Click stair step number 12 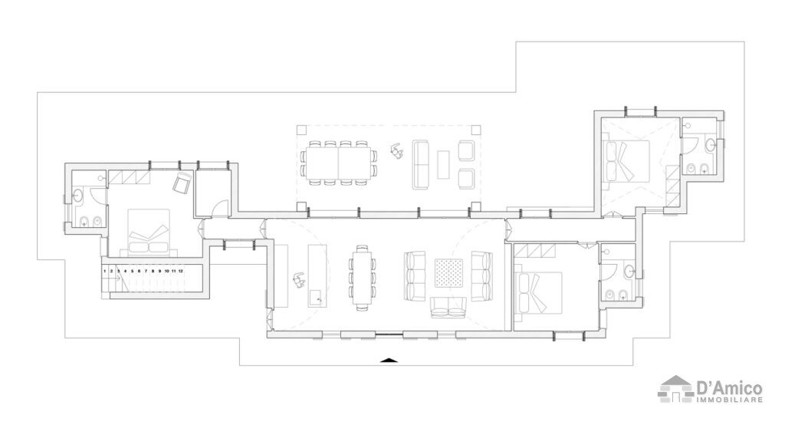click(x=180, y=271)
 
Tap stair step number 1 click(x=105, y=271)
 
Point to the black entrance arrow click(x=390, y=359)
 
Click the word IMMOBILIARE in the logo click(x=729, y=400)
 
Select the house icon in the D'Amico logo click(x=675, y=389)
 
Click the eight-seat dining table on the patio click(x=338, y=162)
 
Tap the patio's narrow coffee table click(x=443, y=163)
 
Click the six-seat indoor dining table click(x=362, y=275)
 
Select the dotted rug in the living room click(x=448, y=273)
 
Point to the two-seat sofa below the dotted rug click(x=448, y=308)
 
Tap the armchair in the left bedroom click(x=182, y=183)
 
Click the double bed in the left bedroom click(x=149, y=231)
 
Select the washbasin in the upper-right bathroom click(x=713, y=143)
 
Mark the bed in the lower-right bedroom click(x=540, y=292)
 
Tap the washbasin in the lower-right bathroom click(x=629, y=269)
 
